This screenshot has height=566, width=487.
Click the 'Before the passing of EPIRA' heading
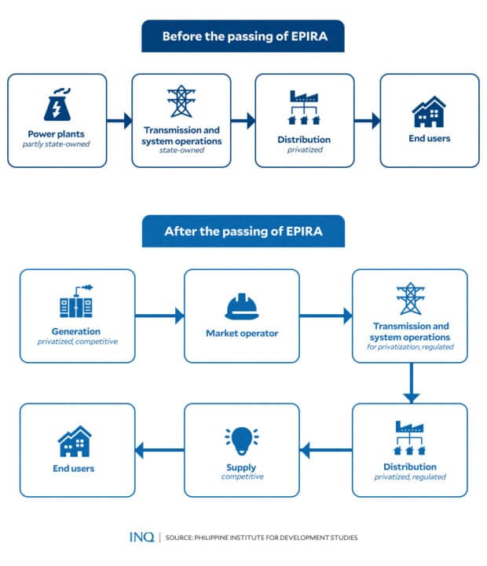click(x=243, y=36)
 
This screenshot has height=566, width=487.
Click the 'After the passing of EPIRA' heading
click(x=243, y=232)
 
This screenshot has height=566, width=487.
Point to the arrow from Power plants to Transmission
click(x=119, y=121)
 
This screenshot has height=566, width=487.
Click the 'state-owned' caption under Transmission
click(x=181, y=150)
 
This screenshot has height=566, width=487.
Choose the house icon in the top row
click(x=429, y=112)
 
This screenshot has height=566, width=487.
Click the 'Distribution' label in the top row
click(x=305, y=140)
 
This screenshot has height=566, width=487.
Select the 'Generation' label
click(x=78, y=331)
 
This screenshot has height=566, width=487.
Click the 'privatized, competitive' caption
click(x=78, y=341)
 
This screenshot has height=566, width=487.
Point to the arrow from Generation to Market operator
click(x=160, y=316)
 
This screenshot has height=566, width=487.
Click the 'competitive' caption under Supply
click(x=242, y=477)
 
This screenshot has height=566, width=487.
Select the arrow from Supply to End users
click(x=160, y=451)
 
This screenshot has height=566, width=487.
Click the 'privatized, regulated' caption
click(x=409, y=477)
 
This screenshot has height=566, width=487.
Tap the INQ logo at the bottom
click(x=143, y=537)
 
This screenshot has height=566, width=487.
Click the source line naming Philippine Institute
click(x=262, y=538)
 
